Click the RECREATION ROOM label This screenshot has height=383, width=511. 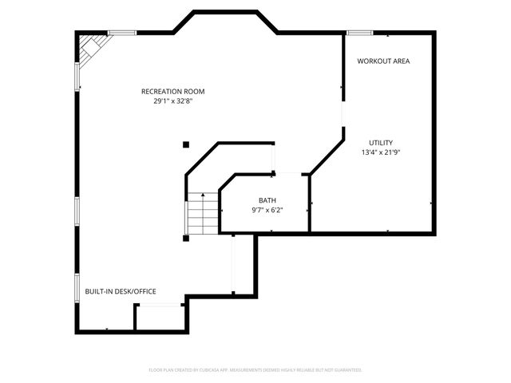pyautogui.click(x=173, y=91)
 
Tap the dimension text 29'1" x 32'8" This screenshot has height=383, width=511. pyautogui.click(x=173, y=101)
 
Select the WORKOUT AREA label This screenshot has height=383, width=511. pyautogui.click(x=383, y=61)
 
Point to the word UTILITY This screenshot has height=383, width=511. pyautogui.click(x=380, y=143)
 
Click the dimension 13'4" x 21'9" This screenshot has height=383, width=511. pyautogui.click(x=380, y=152)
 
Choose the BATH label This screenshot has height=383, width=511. pyautogui.click(x=267, y=200)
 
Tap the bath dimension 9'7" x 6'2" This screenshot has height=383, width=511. pyautogui.click(x=267, y=211)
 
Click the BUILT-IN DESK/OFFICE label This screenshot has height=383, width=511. pyautogui.click(x=121, y=292)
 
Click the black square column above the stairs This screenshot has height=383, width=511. pyautogui.click(x=186, y=144)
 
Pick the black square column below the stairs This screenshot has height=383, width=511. pyautogui.click(x=186, y=237)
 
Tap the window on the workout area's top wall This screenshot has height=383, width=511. pyautogui.click(x=359, y=33)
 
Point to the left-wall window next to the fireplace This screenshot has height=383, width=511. pyautogui.click(x=77, y=76)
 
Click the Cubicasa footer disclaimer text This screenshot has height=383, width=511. pyautogui.click(x=255, y=370)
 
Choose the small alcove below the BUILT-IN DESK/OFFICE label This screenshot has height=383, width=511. pyautogui.click(x=160, y=318)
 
